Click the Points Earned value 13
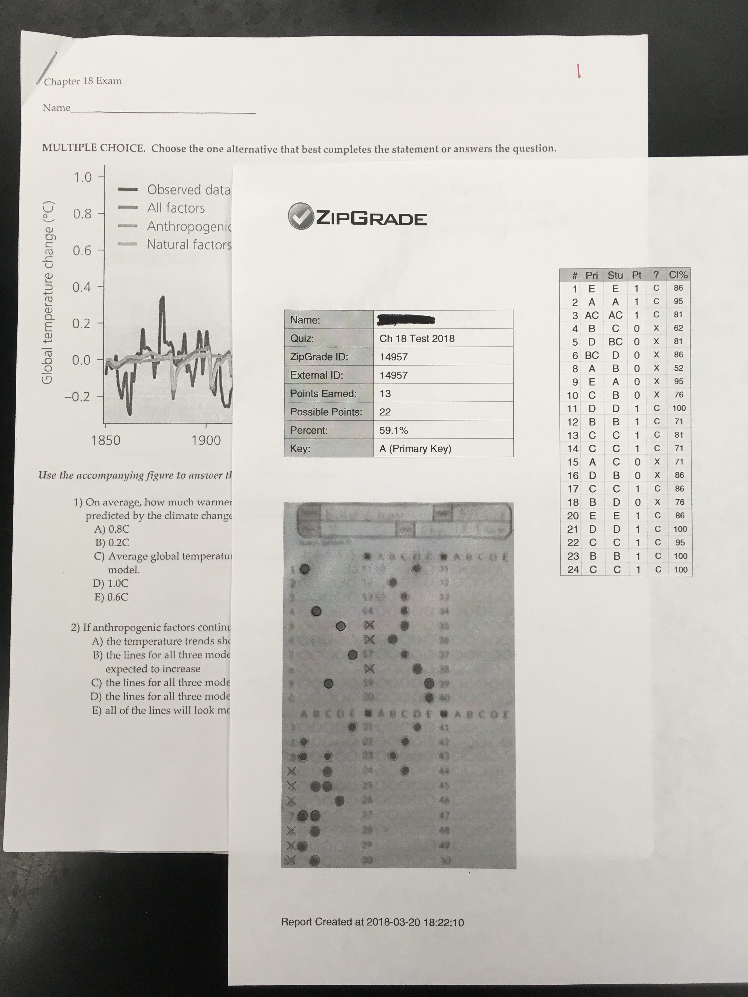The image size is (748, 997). click(x=385, y=393)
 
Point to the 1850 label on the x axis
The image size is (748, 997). click(x=106, y=440)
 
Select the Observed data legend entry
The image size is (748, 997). click(x=188, y=190)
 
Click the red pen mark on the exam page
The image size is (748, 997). click(x=579, y=70)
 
